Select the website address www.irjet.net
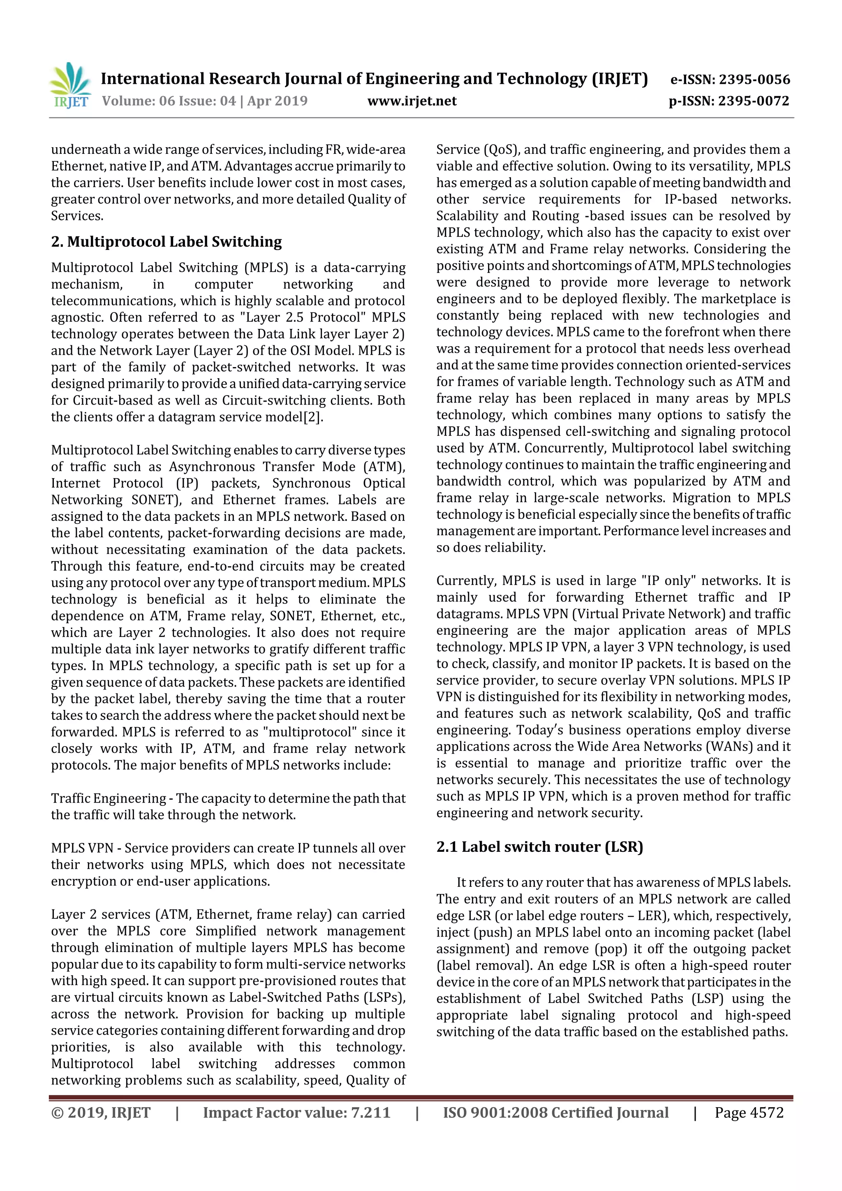[x=412, y=101]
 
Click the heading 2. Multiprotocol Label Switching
[x=166, y=242]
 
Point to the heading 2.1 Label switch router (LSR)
[x=539, y=847]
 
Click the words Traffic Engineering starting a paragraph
[x=109, y=798]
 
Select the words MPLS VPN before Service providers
[x=82, y=848]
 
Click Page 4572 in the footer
[x=749, y=1112]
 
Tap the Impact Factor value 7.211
[x=370, y=1112]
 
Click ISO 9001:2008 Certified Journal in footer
[x=555, y=1112]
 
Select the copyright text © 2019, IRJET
[x=101, y=1112]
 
